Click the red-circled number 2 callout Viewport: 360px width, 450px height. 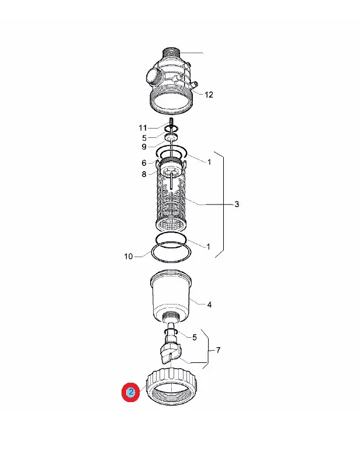(131, 392)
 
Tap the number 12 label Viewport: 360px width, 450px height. (209, 95)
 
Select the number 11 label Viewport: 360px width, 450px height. (143, 128)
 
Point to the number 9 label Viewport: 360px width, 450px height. (144, 147)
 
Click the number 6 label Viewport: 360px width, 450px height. (144, 162)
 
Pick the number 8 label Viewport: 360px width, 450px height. (144, 174)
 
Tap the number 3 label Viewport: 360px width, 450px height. (237, 204)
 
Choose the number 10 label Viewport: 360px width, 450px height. (129, 256)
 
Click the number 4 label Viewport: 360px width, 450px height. (209, 304)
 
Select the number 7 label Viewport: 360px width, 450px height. (218, 350)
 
